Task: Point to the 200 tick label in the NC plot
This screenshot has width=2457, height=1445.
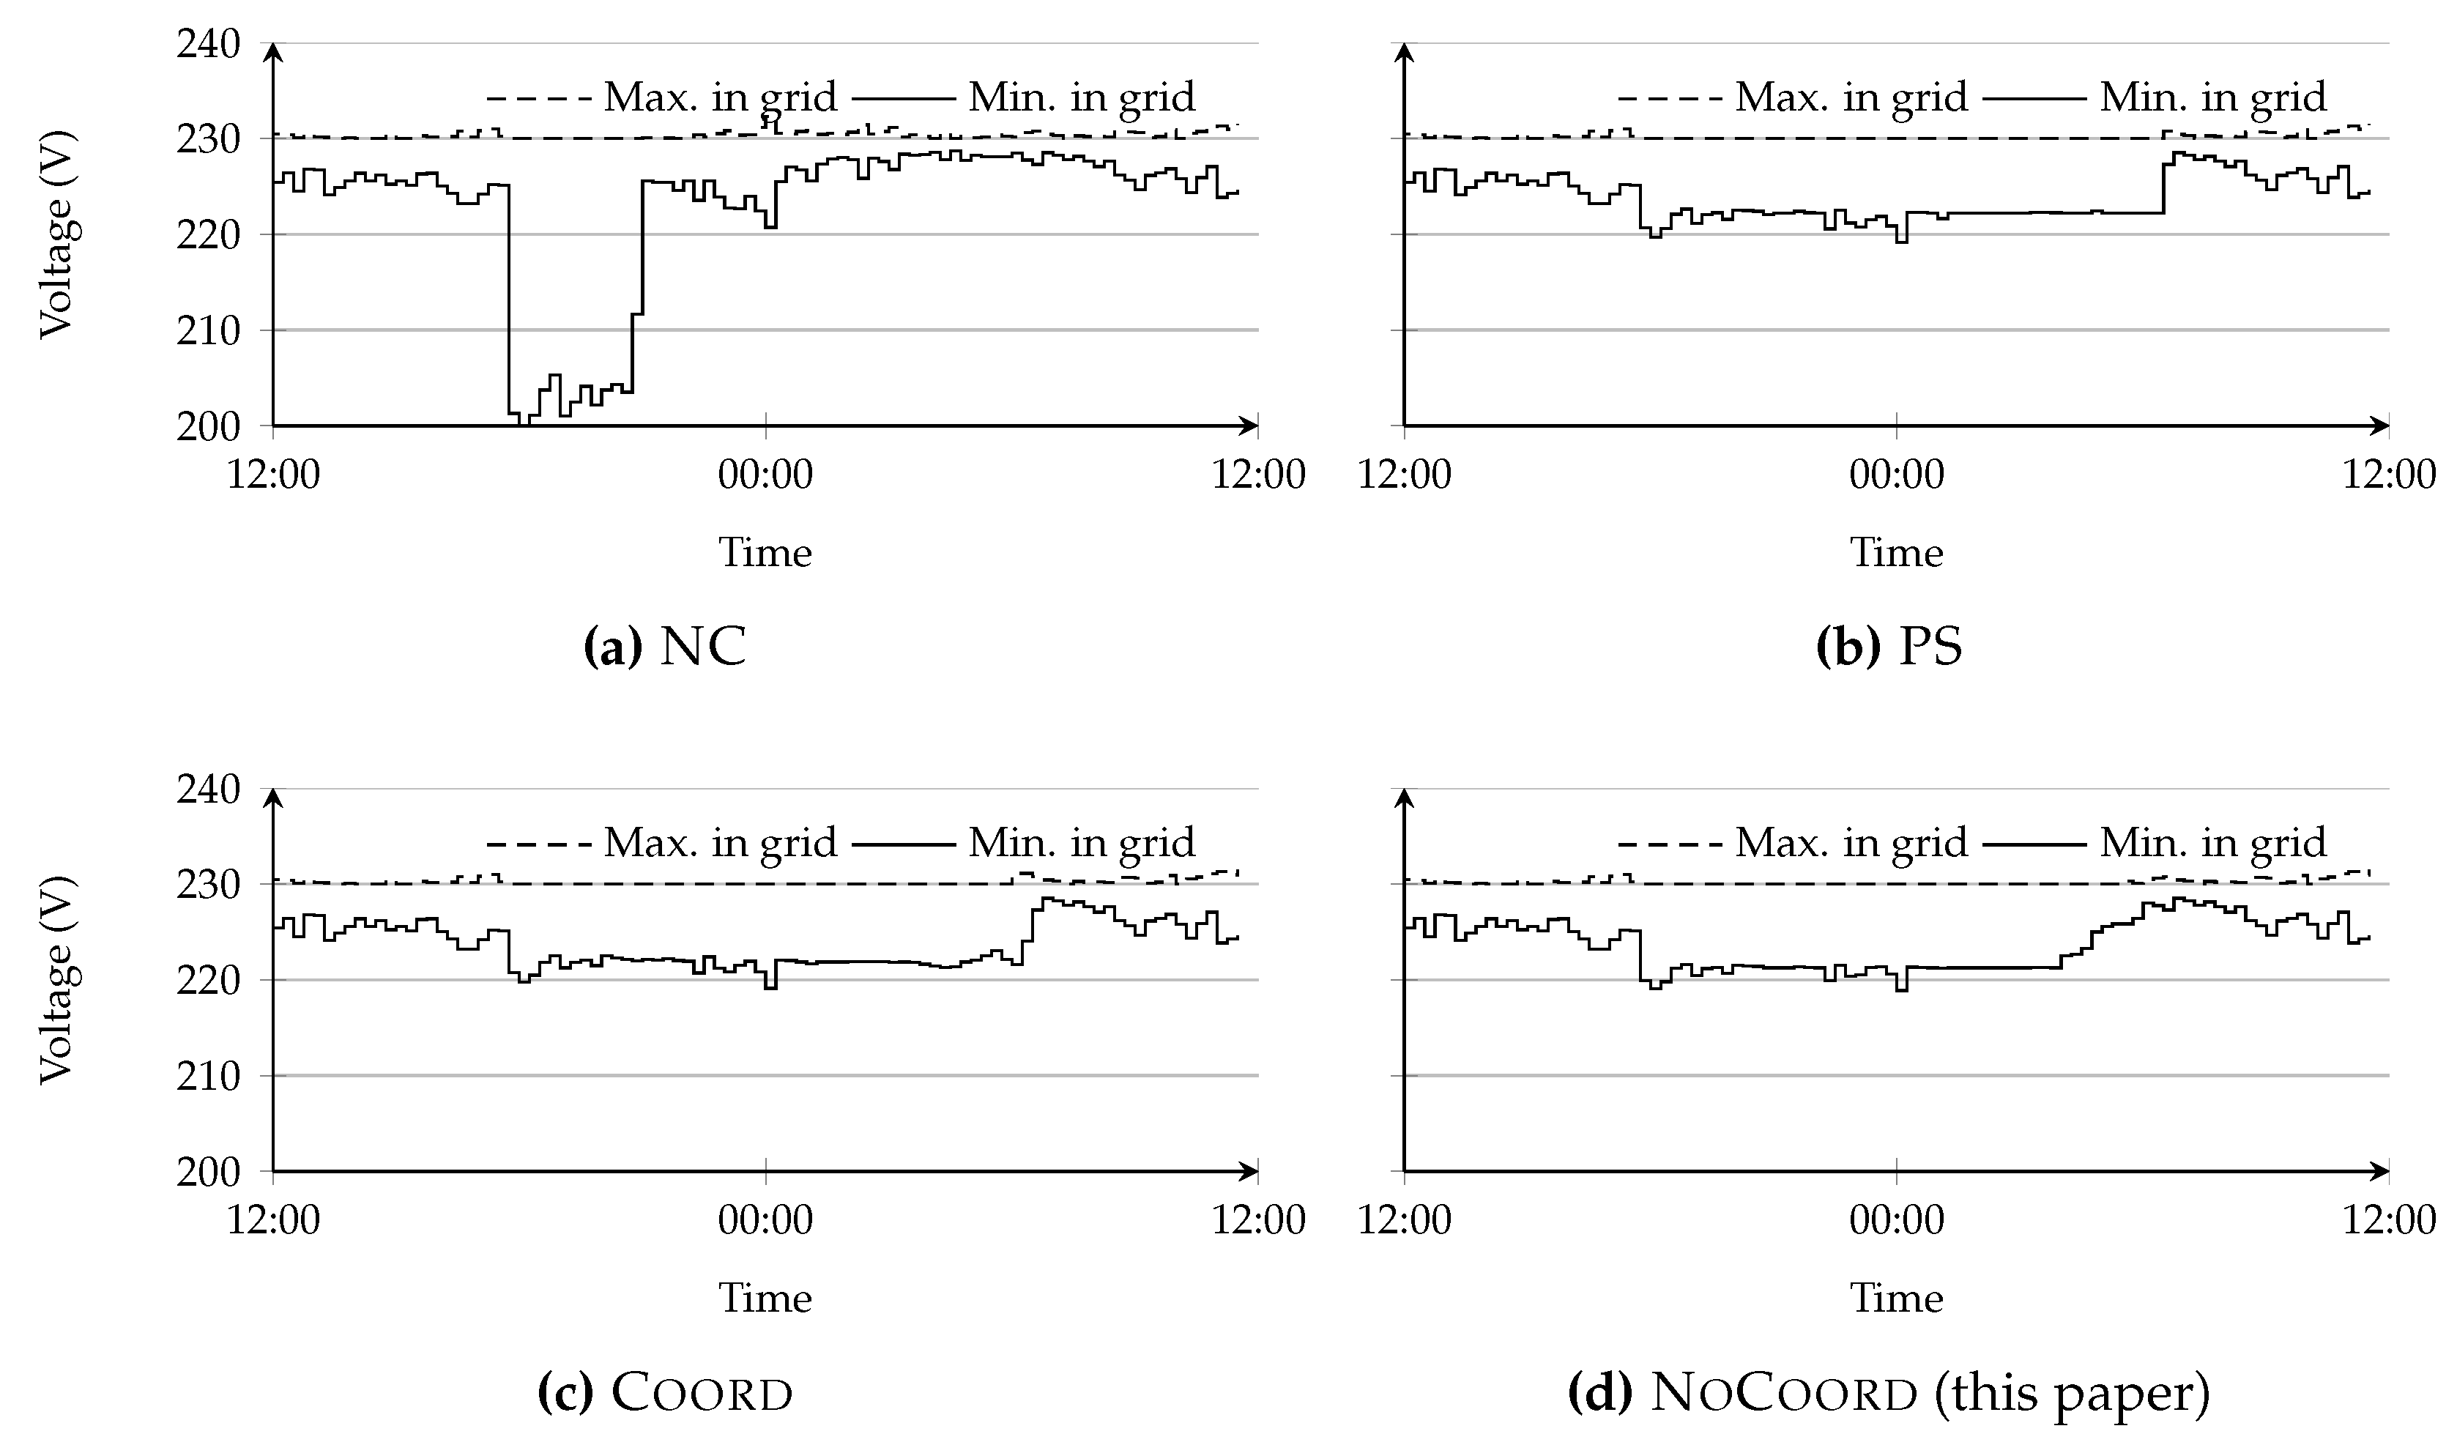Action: [208, 426]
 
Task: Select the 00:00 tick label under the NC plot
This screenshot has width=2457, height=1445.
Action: [765, 475]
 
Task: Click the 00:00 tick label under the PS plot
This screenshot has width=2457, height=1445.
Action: [1896, 475]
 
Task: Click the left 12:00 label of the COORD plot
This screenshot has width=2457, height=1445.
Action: [273, 1219]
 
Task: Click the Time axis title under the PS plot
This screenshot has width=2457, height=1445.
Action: [1896, 553]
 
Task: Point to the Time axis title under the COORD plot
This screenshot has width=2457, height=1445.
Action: [765, 1298]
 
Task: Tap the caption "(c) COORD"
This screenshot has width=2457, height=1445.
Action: [665, 1392]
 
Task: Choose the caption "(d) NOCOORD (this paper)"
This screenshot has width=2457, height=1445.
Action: [1889, 1392]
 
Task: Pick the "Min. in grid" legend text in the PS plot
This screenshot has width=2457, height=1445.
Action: [2212, 97]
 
